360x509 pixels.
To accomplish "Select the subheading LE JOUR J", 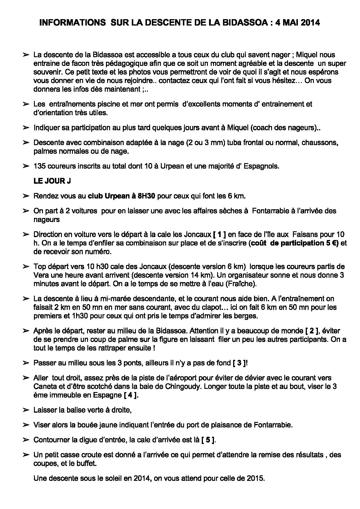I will pos(52,181).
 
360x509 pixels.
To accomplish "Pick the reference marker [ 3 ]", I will pos(240,363).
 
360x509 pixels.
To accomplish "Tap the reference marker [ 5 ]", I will pos(208,440).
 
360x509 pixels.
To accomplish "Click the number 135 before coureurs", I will pos(39,166).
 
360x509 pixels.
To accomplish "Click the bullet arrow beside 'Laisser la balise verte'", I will pos(26,410).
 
